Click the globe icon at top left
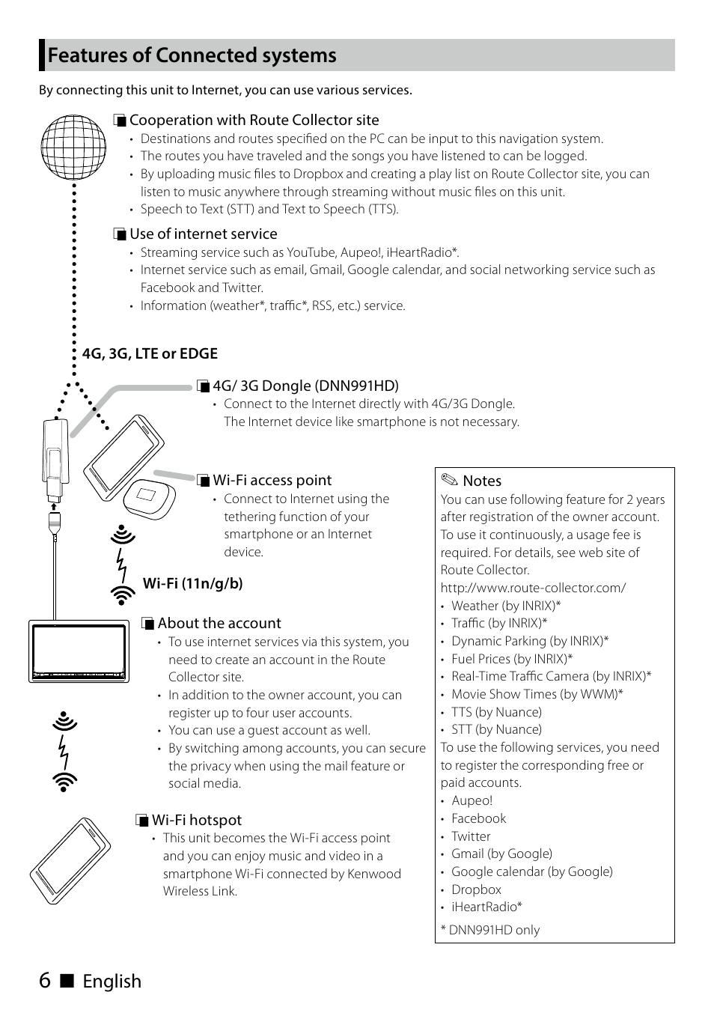coord(73,147)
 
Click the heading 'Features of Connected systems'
coord(192,55)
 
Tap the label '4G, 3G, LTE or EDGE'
coord(150,353)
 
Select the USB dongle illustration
coord(52,460)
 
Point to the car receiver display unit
coord(79,651)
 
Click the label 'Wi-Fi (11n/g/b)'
coord(193,583)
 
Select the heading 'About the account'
coord(219,623)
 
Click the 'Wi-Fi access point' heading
coord(272,480)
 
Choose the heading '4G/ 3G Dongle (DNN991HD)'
coord(305,386)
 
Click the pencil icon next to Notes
coord(449,481)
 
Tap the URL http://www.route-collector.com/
coord(533,588)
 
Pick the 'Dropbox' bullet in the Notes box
coord(476,889)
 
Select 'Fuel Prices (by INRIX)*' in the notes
coord(512,659)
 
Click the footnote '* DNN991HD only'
coord(490,930)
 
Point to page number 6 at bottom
coord(45,980)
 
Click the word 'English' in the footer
coord(112,981)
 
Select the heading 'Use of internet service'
coord(203,234)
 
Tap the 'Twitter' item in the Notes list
coord(471,836)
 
